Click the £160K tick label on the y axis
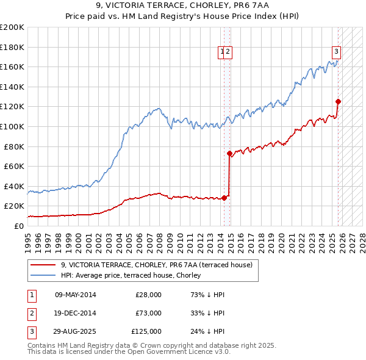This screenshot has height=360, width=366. pyautogui.click(x=12, y=67)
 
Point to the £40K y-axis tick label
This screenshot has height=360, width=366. pyautogui.click(x=14, y=186)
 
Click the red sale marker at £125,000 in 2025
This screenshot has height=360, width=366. pyautogui.click(x=338, y=102)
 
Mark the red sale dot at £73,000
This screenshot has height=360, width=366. pyautogui.click(x=229, y=154)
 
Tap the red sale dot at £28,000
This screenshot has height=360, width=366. pyautogui.click(x=224, y=198)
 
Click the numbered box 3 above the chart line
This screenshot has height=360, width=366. pyautogui.click(x=336, y=52)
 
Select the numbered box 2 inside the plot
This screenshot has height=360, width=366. pyautogui.click(x=228, y=52)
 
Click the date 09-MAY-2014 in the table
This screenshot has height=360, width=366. pyautogui.click(x=76, y=295)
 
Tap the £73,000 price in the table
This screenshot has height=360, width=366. pyautogui.click(x=148, y=313)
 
